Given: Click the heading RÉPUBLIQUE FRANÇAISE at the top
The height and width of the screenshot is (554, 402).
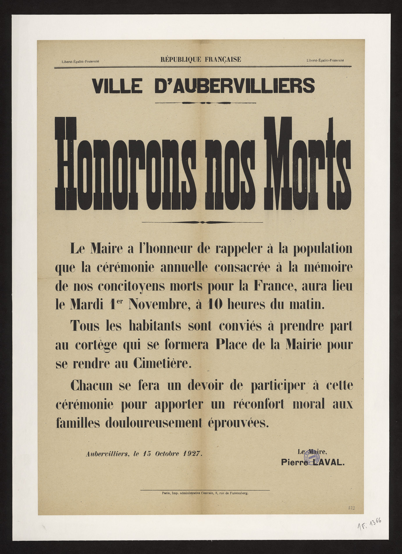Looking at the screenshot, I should [201, 59].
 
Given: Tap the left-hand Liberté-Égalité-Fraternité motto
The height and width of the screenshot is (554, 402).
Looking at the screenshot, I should [81, 61].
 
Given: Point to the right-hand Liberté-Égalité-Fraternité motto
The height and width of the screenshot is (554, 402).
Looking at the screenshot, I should [325, 61].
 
